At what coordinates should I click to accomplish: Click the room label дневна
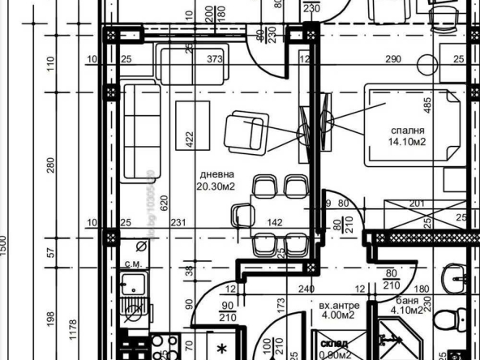[217, 174]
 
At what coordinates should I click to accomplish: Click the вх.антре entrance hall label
[339, 306]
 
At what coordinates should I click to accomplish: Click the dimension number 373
[214, 59]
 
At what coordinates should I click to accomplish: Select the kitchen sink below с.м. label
[132, 285]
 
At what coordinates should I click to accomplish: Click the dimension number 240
[305, 289]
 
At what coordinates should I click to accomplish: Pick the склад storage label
[335, 343]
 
